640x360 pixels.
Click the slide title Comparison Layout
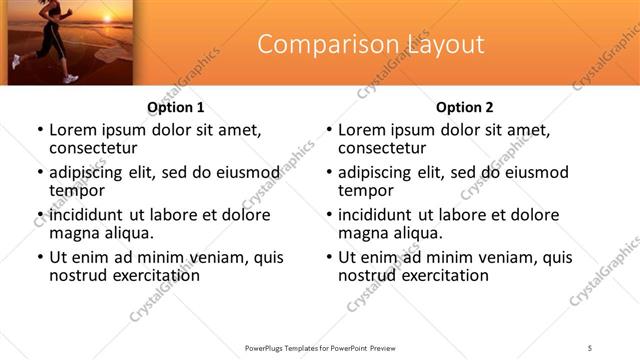pos(371,45)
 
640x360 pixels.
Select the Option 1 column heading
pos(176,107)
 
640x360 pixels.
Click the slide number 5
pos(590,347)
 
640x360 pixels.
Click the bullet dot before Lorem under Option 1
pos(39,130)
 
